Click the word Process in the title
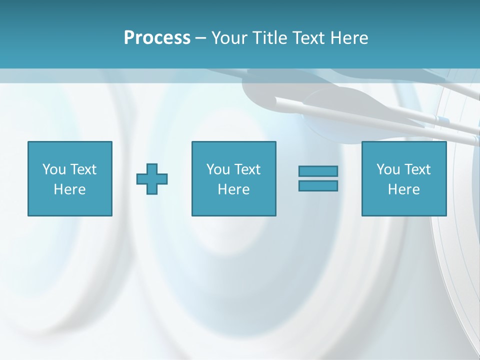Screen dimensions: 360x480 [x=157, y=38]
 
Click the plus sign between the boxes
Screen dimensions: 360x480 [x=152, y=179]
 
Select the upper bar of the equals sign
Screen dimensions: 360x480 [x=318, y=171]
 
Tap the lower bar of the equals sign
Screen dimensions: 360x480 [x=318, y=186]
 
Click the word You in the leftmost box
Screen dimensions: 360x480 [x=54, y=169]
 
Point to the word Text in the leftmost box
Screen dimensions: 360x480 [x=83, y=169]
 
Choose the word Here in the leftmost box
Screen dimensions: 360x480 [x=69, y=189]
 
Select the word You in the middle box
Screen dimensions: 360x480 [x=218, y=169]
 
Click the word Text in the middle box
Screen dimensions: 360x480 [x=247, y=169]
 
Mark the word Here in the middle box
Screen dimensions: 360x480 [x=233, y=189]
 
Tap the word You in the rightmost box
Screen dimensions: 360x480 [x=388, y=169]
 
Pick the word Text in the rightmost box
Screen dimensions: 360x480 [x=417, y=169]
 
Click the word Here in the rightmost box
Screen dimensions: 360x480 [x=403, y=189]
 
